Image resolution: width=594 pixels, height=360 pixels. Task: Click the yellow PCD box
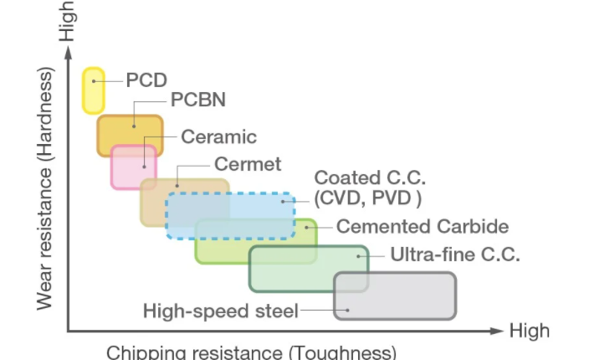click(x=93, y=90)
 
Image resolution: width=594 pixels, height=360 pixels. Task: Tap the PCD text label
click(x=146, y=80)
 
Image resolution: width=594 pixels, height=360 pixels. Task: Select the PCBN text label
click(x=198, y=100)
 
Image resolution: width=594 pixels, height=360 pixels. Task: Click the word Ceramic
click(x=218, y=136)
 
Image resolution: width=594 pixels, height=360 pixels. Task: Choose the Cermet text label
click(x=248, y=163)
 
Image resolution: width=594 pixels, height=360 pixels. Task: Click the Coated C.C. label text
click(x=370, y=178)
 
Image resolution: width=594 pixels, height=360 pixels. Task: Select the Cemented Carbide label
click(x=422, y=227)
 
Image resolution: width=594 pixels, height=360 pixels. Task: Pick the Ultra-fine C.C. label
click(x=455, y=255)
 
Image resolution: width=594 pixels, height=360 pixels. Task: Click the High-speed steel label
click(x=221, y=311)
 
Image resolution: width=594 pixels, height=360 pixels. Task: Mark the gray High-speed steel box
click(x=395, y=296)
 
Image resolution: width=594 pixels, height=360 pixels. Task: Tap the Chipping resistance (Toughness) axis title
click(x=251, y=352)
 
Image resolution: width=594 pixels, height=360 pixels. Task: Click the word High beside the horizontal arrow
click(x=530, y=331)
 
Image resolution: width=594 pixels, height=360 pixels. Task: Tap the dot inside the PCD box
click(x=94, y=81)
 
